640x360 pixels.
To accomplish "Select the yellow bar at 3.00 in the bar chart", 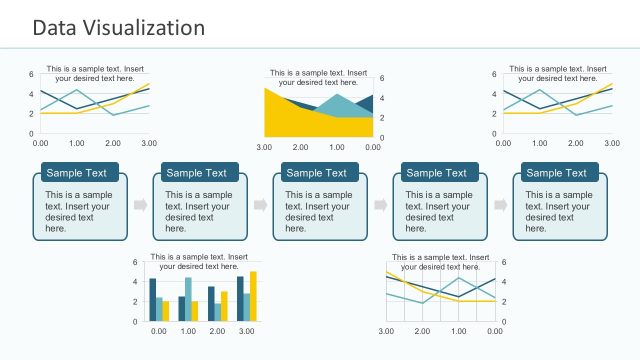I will click(253, 296).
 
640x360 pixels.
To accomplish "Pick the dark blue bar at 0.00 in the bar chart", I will click(152, 299).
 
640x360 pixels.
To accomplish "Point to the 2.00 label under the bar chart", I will click(217, 331).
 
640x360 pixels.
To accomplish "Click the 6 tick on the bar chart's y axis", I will click(135, 262).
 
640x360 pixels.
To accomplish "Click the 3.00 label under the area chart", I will click(266, 148).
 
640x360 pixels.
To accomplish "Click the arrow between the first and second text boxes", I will click(140, 205).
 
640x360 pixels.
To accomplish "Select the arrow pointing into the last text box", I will click(501, 205).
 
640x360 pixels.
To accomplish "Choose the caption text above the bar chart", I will click(199, 262).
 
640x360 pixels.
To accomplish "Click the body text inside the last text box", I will click(558, 211).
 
